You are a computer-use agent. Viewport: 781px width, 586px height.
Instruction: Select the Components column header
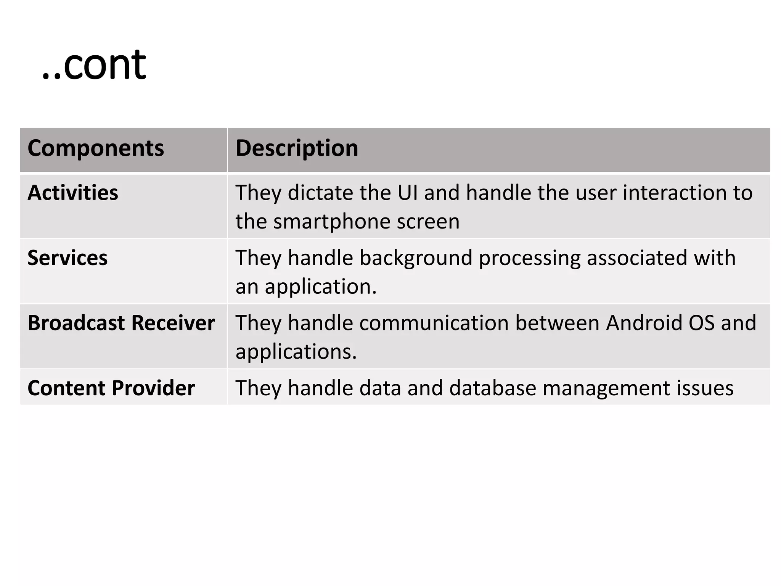(x=96, y=148)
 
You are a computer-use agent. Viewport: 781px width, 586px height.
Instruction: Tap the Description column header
(x=297, y=148)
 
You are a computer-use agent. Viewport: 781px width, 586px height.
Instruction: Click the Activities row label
(x=73, y=193)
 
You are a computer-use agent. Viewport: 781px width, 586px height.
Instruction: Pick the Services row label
(x=67, y=258)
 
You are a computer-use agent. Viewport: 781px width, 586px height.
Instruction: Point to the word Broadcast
(x=76, y=323)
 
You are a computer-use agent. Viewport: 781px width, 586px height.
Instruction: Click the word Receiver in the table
(x=173, y=323)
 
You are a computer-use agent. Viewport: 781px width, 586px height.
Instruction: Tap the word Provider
(x=153, y=388)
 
